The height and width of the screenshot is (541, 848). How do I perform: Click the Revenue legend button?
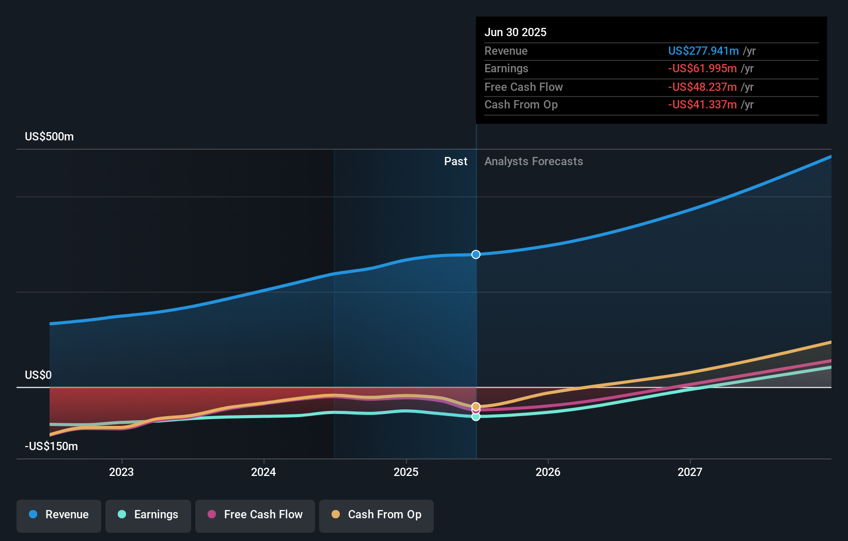pyautogui.click(x=59, y=515)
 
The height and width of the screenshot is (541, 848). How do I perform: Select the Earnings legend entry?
pyautogui.click(x=148, y=515)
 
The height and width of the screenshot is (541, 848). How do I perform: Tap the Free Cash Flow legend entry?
pyautogui.click(x=255, y=515)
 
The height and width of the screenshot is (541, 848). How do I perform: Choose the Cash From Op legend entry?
pyautogui.click(x=376, y=515)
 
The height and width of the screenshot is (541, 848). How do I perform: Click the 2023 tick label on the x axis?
pyautogui.click(x=121, y=472)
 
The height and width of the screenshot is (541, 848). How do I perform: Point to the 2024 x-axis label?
pyautogui.click(x=263, y=472)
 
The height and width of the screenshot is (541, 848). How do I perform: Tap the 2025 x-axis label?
pyautogui.click(x=406, y=472)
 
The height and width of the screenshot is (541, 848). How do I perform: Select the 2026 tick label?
pyautogui.click(x=548, y=472)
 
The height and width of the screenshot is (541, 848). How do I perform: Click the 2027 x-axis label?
pyautogui.click(x=690, y=472)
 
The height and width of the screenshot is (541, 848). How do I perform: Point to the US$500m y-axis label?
pyautogui.click(x=49, y=137)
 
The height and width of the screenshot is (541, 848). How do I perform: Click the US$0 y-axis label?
pyautogui.click(x=38, y=375)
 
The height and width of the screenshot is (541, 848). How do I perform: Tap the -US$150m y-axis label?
pyautogui.click(x=51, y=446)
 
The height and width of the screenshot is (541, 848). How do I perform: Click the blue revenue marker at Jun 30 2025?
pyautogui.click(x=476, y=254)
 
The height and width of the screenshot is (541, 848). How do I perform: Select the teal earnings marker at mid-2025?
pyautogui.click(x=476, y=417)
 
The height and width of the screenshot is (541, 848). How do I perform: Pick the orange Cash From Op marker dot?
pyautogui.click(x=476, y=406)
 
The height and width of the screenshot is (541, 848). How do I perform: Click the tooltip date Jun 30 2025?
pyautogui.click(x=515, y=32)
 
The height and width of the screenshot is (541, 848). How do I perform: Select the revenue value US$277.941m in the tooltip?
pyautogui.click(x=703, y=51)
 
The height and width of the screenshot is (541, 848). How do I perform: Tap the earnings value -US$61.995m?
pyautogui.click(x=702, y=69)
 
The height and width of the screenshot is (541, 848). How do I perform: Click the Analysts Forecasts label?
pyautogui.click(x=533, y=162)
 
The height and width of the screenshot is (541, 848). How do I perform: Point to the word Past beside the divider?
pyautogui.click(x=456, y=162)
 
